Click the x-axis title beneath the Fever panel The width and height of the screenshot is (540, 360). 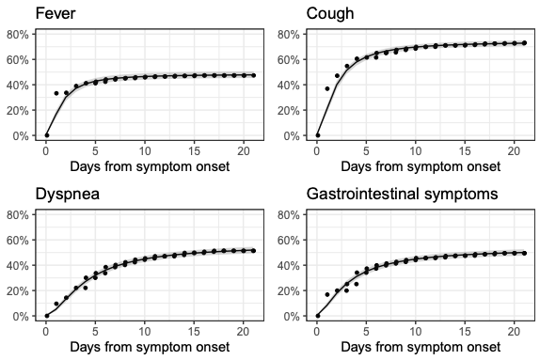[x=148, y=166]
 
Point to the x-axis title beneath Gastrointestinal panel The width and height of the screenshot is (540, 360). [x=420, y=348]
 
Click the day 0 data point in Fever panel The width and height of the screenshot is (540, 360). [x=46, y=135]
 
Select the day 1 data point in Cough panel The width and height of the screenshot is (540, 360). [x=327, y=88]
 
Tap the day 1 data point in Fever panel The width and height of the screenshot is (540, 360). [x=56, y=93]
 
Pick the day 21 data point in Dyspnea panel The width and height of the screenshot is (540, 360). [x=253, y=250]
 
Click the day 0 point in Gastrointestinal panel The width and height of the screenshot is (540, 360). [x=318, y=316]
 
